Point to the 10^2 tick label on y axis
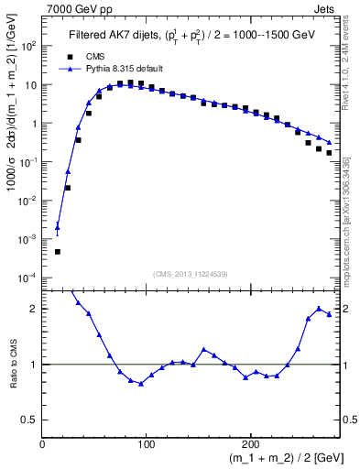click(x=27, y=46)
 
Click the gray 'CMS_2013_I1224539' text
click(x=191, y=273)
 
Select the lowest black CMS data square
click(x=57, y=251)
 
